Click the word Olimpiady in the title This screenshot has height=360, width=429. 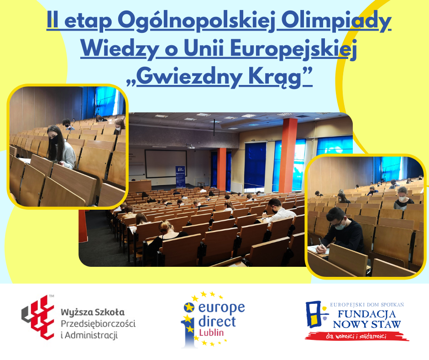pyautogui.click(x=336, y=21)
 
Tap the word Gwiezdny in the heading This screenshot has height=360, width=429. pyautogui.click(x=189, y=77)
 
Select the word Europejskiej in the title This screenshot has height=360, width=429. pyautogui.click(x=293, y=49)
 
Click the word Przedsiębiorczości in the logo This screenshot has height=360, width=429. pyautogui.click(x=98, y=324)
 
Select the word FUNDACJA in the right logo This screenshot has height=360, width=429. pyautogui.click(x=366, y=314)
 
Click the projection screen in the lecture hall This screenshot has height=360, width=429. pyautogui.click(x=166, y=164)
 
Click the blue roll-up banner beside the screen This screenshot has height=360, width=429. pyautogui.click(x=180, y=176)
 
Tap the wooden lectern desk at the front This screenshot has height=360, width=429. pyautogui.click(x=140, y=186)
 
